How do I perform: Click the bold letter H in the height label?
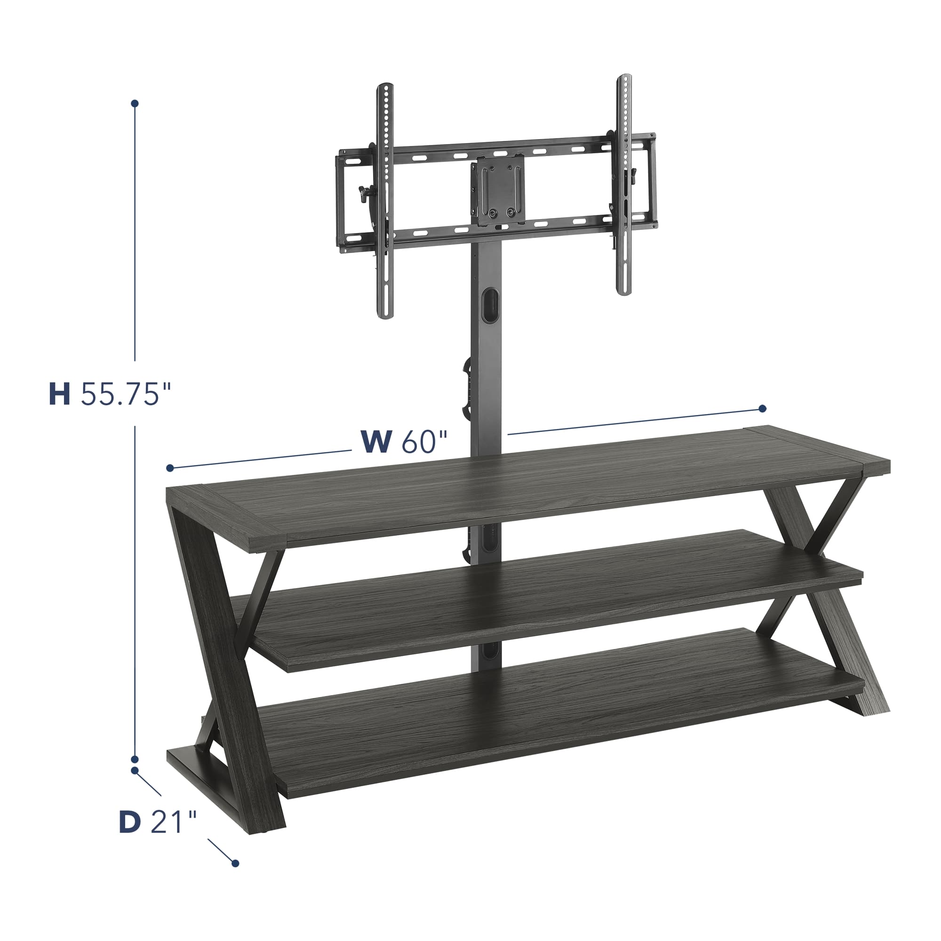pos(59,395)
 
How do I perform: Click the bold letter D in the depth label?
pos(130,821)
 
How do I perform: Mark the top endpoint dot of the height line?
pos(135,104)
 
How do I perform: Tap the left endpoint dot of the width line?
pos(170,468)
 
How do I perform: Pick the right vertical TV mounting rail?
pos(624,185)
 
